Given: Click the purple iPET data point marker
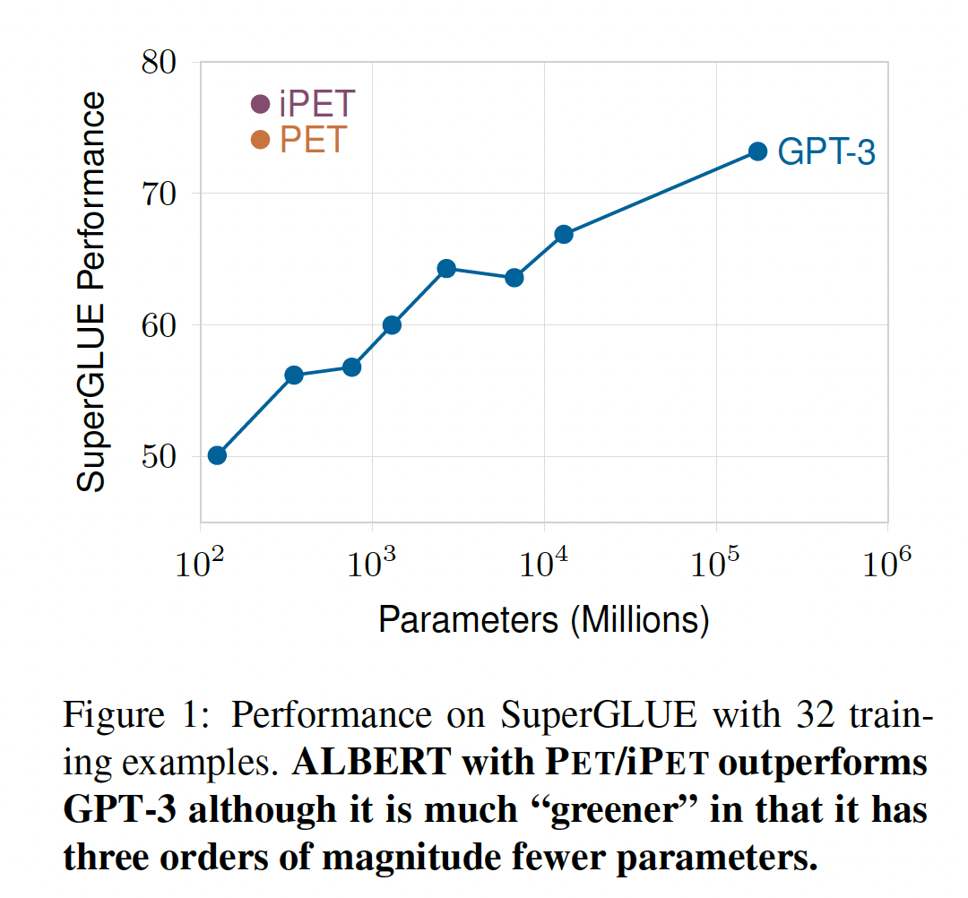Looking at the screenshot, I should [260, 105].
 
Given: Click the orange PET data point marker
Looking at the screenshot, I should [260, 140].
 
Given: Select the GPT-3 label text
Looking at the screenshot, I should [825, 152].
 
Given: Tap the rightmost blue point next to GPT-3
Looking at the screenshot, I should [757, 151].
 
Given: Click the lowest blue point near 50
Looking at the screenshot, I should [217, 455].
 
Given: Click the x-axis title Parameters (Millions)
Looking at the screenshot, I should [544, 620].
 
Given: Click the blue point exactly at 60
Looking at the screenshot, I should [392, 324].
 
